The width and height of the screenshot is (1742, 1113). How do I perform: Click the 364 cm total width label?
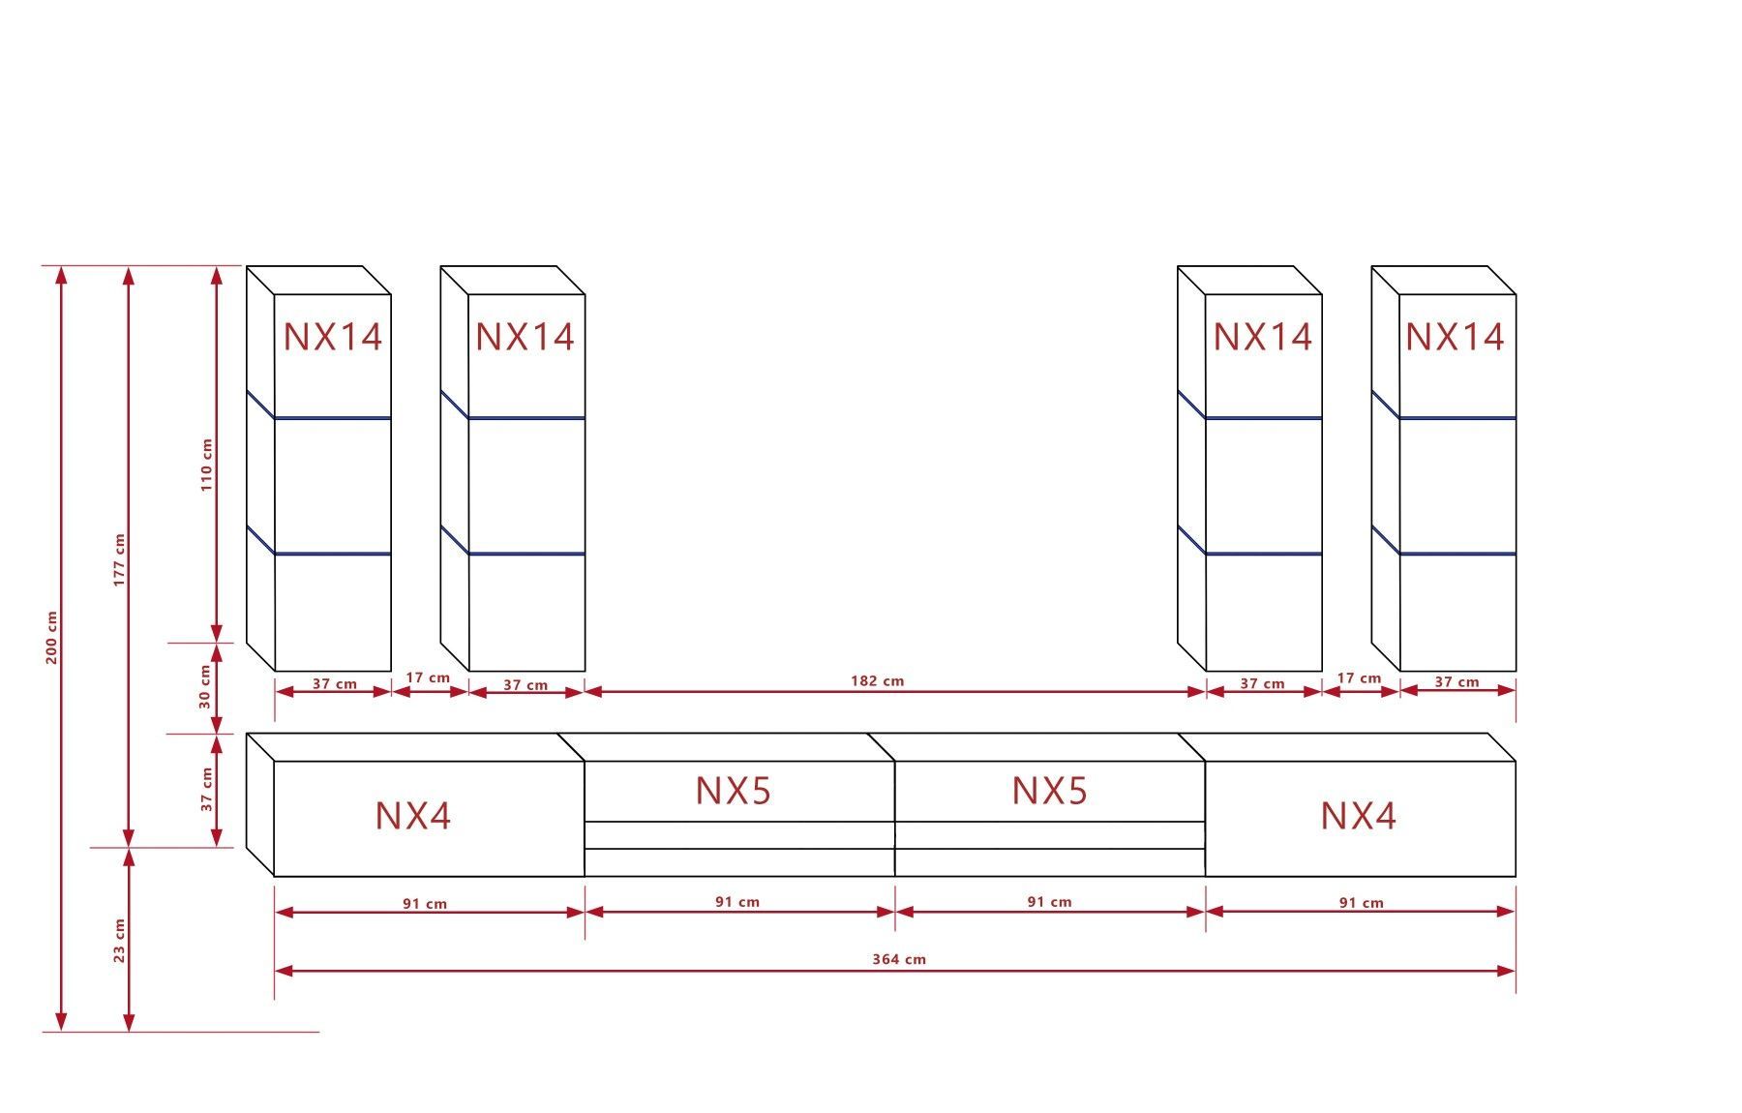click(x=898, y=959)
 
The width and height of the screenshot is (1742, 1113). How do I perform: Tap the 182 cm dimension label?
click(x=877, y=680)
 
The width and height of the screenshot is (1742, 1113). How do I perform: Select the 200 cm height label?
click(x=52, y=638)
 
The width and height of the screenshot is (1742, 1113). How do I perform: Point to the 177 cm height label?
click(x=119, y=559)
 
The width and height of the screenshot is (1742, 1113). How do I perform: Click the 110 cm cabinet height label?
click(x=206, y=465)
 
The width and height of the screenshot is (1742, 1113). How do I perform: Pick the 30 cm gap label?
click(x=205, y=686)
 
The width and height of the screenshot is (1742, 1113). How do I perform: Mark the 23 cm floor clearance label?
click(x=119, y=940)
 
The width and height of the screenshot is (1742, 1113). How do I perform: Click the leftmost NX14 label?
click(x=332, y=337)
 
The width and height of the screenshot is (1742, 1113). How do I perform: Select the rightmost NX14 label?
click(x=1454, y=337)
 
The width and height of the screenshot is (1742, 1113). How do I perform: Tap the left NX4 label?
click(x=412, y=816)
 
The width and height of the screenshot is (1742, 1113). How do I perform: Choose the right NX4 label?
click(x=1358, y=816)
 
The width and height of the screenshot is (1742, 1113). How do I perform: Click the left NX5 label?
click(x=733, y=791)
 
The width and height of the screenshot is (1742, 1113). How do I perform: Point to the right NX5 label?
click(x=1049, y=791)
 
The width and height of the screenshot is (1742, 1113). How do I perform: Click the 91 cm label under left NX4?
click(x=425, y=904)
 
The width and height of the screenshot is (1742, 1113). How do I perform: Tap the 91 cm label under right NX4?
click(x=1361, y=903)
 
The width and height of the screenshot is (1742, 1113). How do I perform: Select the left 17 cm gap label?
click(x=427, y=677)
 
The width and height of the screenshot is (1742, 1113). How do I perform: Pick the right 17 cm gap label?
click(x=1359, y=678)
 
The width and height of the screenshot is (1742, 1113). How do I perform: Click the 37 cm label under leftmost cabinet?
click(x=334, y=683)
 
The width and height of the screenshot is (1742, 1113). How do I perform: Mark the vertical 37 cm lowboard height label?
click(x=206, y=790)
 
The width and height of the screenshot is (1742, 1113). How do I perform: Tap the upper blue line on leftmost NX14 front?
click(x=332, y=418)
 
